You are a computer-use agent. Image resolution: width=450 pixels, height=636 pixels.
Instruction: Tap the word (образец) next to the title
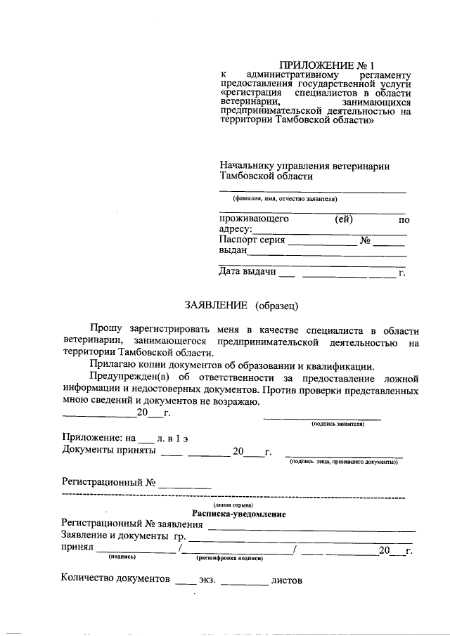pos(278,305)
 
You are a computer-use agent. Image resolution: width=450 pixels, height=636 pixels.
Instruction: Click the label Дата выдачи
pos(247,271)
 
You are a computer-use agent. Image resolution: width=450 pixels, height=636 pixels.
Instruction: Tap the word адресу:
pos(235,229)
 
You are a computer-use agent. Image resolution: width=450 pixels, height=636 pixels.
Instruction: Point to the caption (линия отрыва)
pos(233,505)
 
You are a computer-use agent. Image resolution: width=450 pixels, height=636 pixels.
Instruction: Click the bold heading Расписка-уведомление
pos(238,514)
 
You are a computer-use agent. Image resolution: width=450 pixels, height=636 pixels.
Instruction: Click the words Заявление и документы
pos(111,537)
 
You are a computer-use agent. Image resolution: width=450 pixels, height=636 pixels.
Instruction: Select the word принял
pos(77,550)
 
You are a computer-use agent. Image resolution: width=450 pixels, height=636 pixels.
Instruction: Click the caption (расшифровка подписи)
pos(229,559)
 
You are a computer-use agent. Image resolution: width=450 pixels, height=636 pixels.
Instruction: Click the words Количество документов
pos(115,580)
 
